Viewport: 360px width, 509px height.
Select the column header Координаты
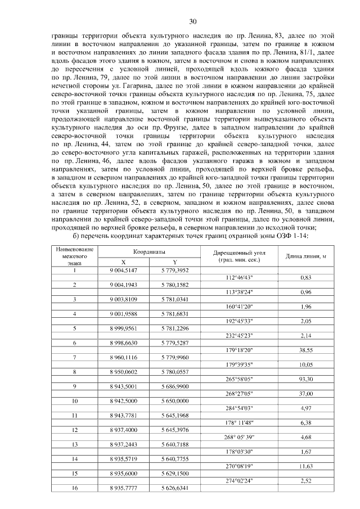(x=138, y=253)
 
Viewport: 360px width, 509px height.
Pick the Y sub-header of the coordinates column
(x=174, y=262)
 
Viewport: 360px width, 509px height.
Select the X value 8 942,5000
(x=123, y=401)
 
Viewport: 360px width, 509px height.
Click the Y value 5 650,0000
(x=174, y=401)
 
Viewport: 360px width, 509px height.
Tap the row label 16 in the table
(x=74, y=488)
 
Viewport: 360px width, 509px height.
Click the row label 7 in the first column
(x=74, y=357)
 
